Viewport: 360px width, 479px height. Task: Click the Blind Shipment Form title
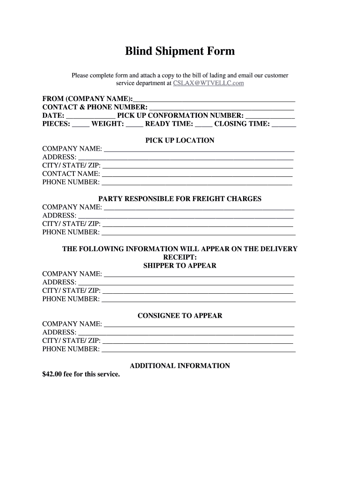180,51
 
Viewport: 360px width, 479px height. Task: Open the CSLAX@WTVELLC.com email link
208,83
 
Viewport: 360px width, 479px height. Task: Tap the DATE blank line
91,116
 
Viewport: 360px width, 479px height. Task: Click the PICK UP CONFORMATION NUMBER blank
270,116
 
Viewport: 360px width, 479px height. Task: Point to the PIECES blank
80,124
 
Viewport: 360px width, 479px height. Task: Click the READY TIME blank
203,124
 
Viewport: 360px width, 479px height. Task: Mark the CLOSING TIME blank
284,124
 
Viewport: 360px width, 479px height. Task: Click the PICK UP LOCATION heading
180,140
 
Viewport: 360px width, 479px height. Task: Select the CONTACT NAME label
71,174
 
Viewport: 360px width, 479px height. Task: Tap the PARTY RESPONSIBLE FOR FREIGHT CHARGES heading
180,199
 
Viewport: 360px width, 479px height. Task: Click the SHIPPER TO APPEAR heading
180,266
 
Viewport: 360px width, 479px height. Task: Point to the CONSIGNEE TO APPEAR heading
180,316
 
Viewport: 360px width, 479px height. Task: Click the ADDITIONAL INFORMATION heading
180,366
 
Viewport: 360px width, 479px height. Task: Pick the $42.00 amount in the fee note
52,374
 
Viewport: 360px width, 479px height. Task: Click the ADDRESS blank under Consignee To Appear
186,333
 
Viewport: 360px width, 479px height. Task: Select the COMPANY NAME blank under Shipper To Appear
199,275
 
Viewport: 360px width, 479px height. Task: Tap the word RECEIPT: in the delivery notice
180,257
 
